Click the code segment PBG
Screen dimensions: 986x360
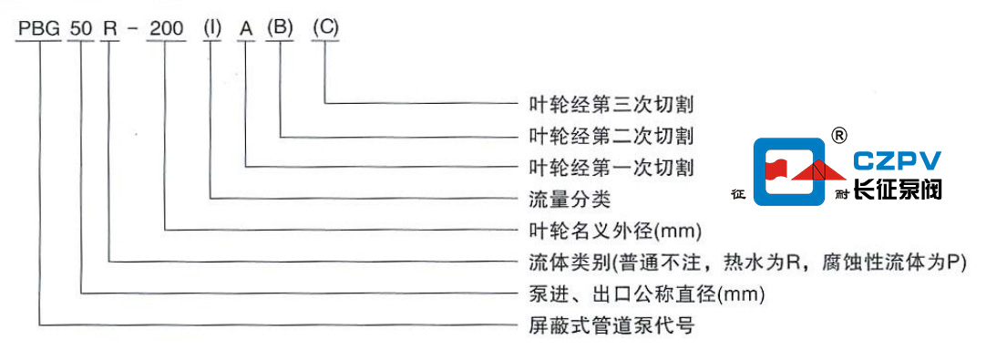click(39, 28)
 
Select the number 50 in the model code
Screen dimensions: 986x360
click(82, 28)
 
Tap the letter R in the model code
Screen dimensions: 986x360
click(110, 28)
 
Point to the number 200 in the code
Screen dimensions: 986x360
click(166, 28)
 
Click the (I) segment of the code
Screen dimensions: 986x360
click(211, 28)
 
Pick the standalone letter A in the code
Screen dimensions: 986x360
click(245, 28)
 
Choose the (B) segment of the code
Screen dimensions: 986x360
click(280, 28)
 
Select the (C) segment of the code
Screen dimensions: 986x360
click(325, 28)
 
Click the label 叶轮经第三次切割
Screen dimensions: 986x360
click(611, 104)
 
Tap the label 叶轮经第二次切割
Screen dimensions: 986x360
click(611, 136)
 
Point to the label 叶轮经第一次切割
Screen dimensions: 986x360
click(611, 167)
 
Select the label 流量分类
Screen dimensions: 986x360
click(570, 198)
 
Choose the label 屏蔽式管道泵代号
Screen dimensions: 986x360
click(611, 324)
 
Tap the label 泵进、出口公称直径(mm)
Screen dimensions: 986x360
click(646, 293)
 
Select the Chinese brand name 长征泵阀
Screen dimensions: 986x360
click(897, 190)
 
